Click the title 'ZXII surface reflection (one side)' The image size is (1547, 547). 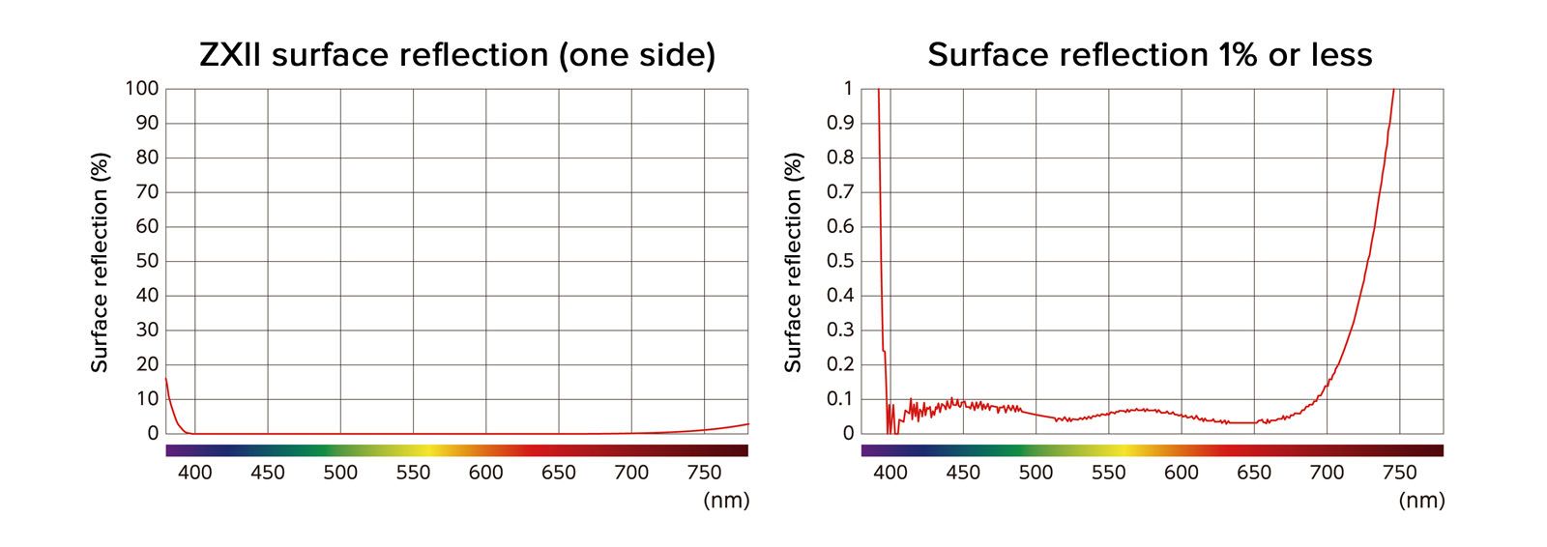click(x=457, y=55)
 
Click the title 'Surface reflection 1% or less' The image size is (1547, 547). click(x=1150, y=55)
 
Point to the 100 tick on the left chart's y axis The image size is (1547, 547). click(x=141, y=89)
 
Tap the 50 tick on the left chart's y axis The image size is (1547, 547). click(x=147, y=261)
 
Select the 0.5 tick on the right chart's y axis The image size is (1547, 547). click(x=841, y=261)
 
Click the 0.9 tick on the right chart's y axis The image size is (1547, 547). click(x=841, y=123)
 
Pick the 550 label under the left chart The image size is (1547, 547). click(x=413, y=473)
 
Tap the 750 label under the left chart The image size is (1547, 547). click(x=704, y=473)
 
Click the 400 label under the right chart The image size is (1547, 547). click(x=890, y=473)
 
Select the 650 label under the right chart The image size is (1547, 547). click(x=1254, y=473)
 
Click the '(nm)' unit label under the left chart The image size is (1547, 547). click(x=726, y=500)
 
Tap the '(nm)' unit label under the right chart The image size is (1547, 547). click(x=1421, y=500)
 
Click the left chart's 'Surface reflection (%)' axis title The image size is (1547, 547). click(x=100, y=261)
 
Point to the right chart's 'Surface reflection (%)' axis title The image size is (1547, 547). click(x=794, y=261)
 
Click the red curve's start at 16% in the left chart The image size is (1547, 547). click(x=166, y=379)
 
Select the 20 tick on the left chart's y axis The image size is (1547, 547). click(x=147, y=364)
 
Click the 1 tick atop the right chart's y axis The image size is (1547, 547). click(x=848, y=89)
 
